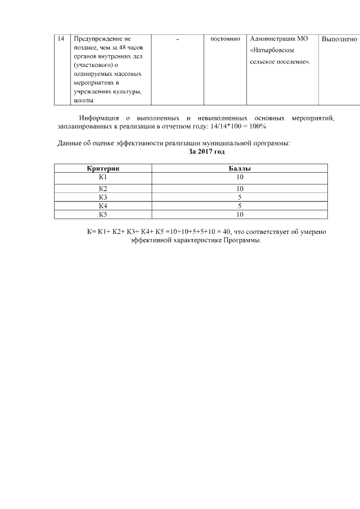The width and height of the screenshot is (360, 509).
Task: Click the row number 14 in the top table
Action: [x=61, y=39]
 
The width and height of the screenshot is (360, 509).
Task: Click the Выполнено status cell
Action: [x=339, y=39]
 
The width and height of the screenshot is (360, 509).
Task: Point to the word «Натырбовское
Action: [x=273, y=50]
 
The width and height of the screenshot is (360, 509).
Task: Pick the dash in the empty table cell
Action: [x=177, y=39]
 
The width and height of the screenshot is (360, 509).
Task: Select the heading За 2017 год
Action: [x=206, y=152]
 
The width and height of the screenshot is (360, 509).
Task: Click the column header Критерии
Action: [x=103, y=169]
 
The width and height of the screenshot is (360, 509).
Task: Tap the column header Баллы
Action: [x=239, y=169]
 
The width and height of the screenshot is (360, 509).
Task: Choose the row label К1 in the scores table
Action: [x=103, y=177]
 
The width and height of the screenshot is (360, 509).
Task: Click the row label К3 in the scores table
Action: [x=103, y=197]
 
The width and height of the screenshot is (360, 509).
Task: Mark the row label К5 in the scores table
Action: [x=103, y=214]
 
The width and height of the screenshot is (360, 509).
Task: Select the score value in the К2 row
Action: [x=240, y=188]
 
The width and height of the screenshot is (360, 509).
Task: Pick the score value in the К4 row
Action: [x=240, y=206]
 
